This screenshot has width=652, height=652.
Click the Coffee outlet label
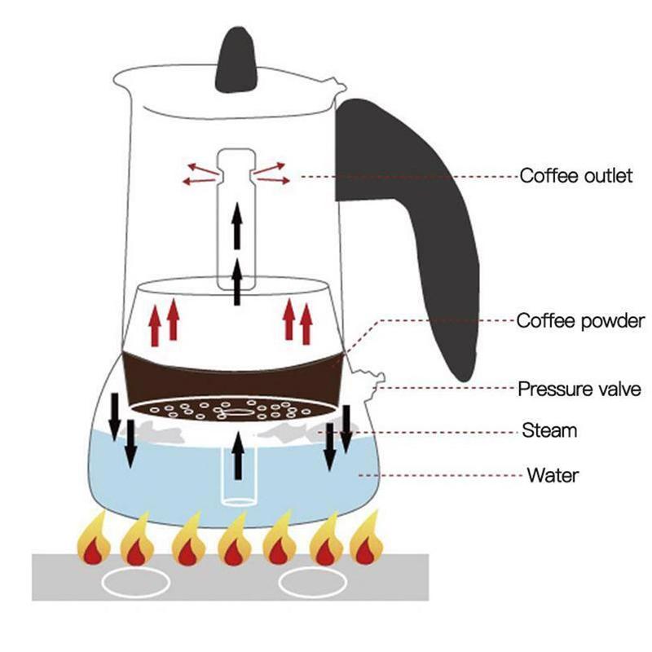pyautogui.click(x=575, y=176)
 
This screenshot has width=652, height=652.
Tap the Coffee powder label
pyautogui.click(x=580, y=320)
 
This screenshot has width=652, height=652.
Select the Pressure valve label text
pyautogui.click(x=579, y=388)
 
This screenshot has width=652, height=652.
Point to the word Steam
pyautogui.click(x=548, y=430)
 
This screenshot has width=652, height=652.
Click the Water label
pyautogui.click(x=553, y=474)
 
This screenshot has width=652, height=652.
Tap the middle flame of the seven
pyautogui.click(x=232, y=541)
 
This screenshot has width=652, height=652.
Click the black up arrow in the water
pyautogui.click(x=237, y=456)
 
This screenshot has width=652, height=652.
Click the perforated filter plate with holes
pyautogui.click(x=234, y=408)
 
